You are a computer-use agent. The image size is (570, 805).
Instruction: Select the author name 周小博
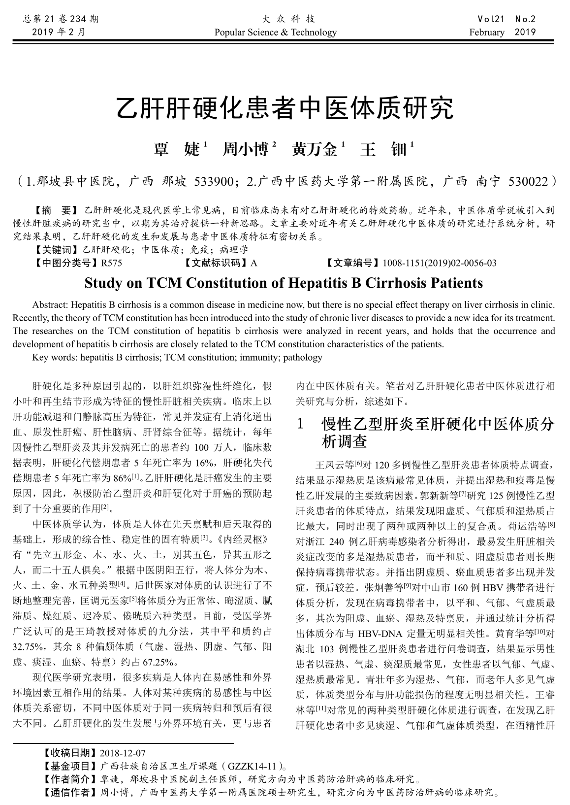click(246, 149)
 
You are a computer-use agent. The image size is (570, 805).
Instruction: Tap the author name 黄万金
click(315, 149)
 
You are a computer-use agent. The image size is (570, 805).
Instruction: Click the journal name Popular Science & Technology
click(276, 33)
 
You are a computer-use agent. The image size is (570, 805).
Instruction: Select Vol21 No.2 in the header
click(506, 19)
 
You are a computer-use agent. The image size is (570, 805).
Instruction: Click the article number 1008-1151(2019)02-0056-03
click(439, 263)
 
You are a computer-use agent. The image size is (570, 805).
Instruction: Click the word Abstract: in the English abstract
click(47, 304)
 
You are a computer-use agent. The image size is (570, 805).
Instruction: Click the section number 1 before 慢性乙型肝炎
click(301, 424)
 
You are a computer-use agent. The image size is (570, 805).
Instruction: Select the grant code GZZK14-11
click(254, 767)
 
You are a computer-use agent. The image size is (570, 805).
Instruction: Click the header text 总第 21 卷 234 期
click(61, 19)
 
